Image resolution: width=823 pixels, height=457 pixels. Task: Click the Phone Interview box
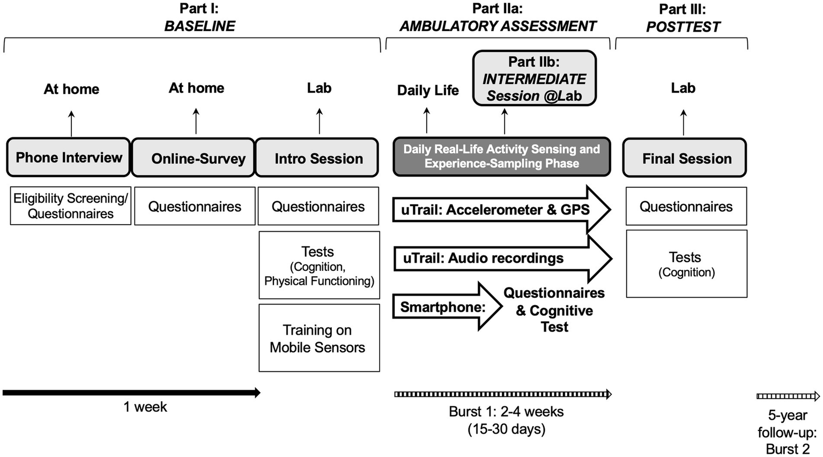coord(69,158)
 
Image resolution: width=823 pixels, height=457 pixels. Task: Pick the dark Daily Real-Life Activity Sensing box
coord(501,157)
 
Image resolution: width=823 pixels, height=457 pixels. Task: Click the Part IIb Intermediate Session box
coord(534,79)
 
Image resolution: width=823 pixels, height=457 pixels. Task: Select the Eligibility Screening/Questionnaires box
coord(71,206)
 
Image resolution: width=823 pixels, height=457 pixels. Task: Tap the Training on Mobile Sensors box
coord(319,338)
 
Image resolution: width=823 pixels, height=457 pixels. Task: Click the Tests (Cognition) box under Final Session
coord(686,264)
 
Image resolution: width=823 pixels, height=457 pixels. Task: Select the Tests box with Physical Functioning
coord(319,265)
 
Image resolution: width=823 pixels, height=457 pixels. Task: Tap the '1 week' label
coord(145,407)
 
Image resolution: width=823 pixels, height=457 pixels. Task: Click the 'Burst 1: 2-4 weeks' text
coord(506,412)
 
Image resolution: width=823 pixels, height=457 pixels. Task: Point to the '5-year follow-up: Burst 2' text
coord(787,432)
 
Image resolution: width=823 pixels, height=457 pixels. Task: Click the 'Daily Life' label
coord(428,90)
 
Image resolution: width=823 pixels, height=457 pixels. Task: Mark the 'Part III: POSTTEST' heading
coord(683,18)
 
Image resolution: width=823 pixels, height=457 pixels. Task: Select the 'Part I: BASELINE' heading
coord(199,17)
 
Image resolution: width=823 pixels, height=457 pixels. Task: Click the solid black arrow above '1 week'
coord(131,393)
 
